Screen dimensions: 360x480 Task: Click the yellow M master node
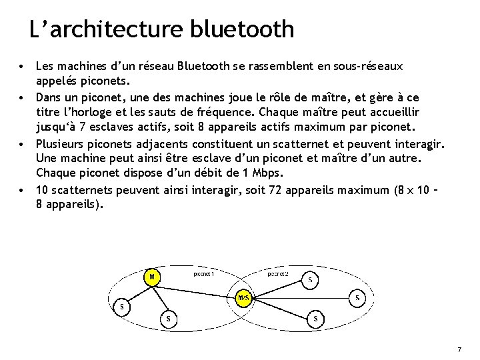[152, 276]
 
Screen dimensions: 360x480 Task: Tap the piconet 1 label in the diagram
[203, 273]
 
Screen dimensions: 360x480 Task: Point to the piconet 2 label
[278, 273]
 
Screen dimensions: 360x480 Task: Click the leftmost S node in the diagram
[121, 307]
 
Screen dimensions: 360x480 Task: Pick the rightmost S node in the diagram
[358, 297]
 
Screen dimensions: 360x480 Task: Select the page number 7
[459, 350]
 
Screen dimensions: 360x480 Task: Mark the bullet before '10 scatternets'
[23, 191]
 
